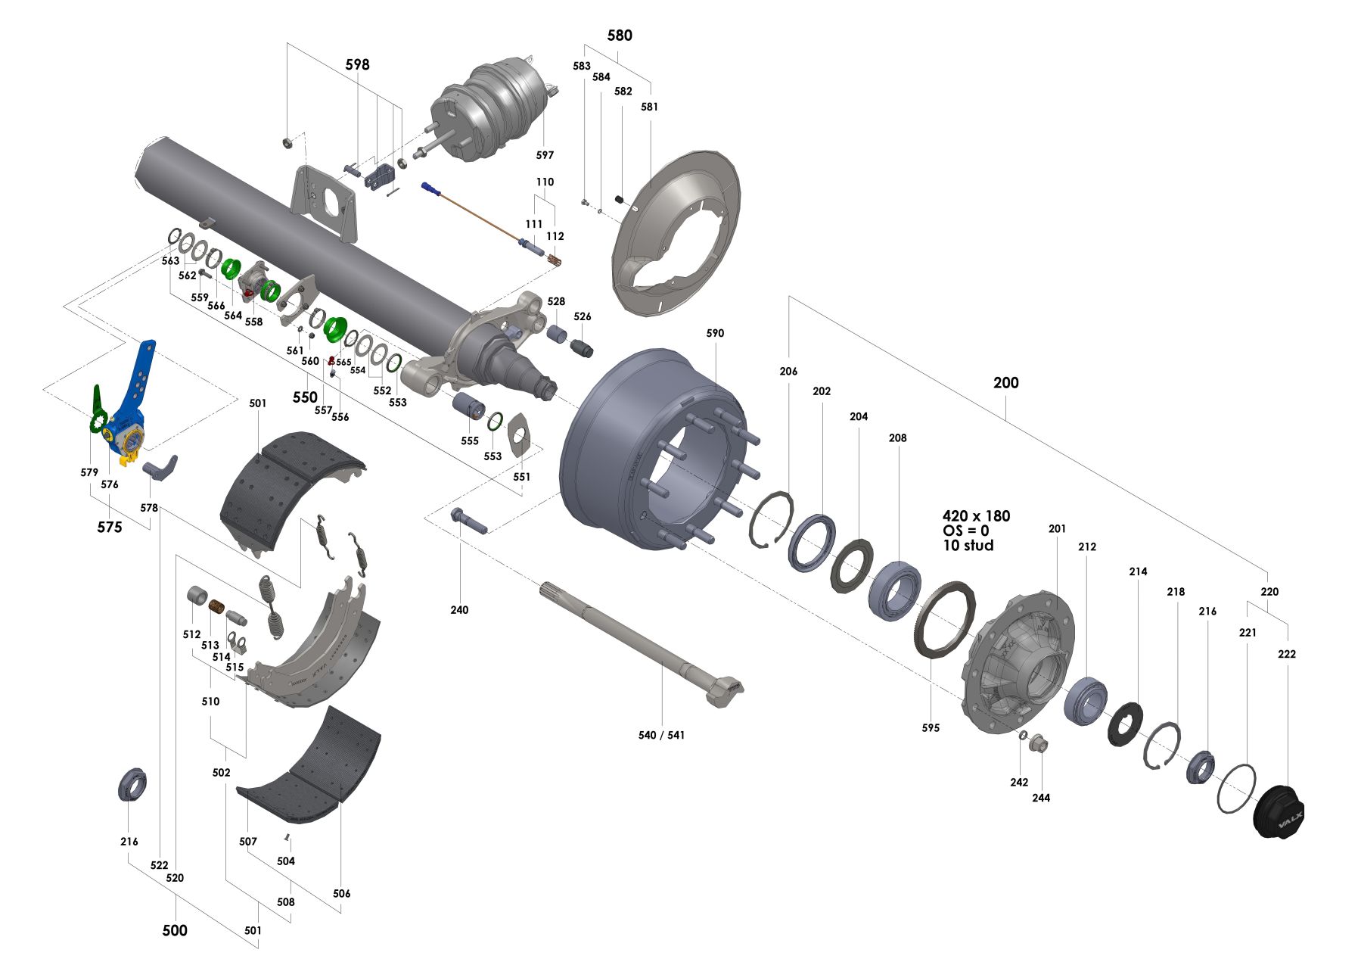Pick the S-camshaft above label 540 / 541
[x=643, y=643]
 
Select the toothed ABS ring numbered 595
[x=945, y=620]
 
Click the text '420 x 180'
[x=976, y=516]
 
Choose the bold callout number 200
[x=1005, y=383]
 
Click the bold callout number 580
[x=620, y=36]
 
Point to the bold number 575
[x=110, y=527]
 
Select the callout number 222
[x=1286, y=654]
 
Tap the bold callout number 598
[x=357, y=64]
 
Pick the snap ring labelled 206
[x=772, y=519]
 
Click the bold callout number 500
[x=175, y=930]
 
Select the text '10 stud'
[x=968, y=546]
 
